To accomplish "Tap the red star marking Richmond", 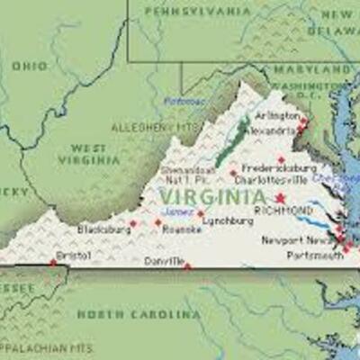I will click(x=280, y=198).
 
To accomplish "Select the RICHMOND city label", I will click(x=283, y=211).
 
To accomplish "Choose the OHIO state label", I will click(x=29, y=66).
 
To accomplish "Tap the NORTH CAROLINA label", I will click(x=139, y=314).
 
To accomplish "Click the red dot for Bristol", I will click(x=53, y=263).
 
